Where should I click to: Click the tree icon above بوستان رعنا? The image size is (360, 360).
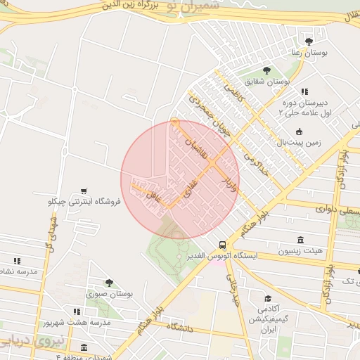click(309, 41)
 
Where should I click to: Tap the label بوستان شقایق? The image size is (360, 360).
click(267, 82)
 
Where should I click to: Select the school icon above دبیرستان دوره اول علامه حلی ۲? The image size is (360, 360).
click(304, 91)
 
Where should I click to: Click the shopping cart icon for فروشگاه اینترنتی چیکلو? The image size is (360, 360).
click(84, 191)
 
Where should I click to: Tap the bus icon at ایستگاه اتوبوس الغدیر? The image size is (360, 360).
click(222, 245)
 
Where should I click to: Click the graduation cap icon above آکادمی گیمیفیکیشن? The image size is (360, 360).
click(267, 298)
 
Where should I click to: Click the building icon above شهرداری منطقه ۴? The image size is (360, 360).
click(84, 347)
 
